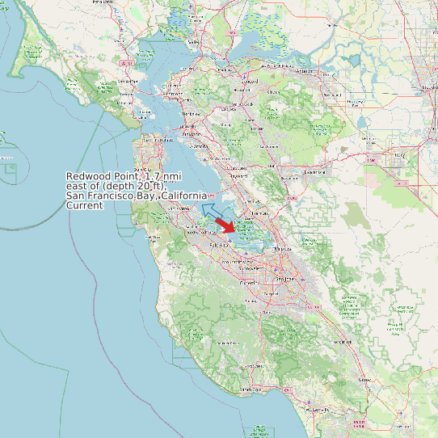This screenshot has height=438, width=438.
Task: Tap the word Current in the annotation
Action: pos(84,205)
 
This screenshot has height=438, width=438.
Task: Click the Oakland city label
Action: pos(196,135)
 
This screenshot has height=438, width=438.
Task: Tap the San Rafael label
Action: pos(126,82)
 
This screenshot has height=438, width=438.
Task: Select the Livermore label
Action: pos(314,171)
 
